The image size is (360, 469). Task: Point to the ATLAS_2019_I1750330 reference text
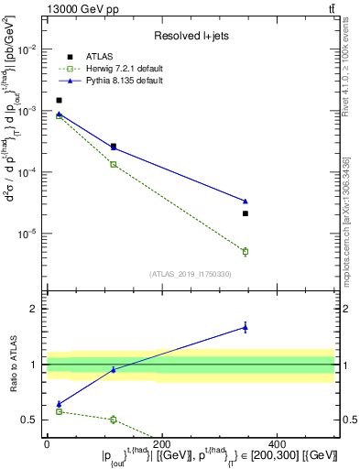[191, 274]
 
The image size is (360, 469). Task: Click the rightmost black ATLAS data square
[245, 213]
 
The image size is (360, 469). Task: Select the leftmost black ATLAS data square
[59, 101]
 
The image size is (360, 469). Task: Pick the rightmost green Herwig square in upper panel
[245, 251]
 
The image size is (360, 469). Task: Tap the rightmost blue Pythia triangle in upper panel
[245, 201]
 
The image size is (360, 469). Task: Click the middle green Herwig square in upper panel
[114, 164]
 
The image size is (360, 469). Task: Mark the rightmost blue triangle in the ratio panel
[245, 327]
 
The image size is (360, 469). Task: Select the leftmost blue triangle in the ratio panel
[59, 404]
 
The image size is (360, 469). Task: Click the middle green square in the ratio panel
[114, 420]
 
